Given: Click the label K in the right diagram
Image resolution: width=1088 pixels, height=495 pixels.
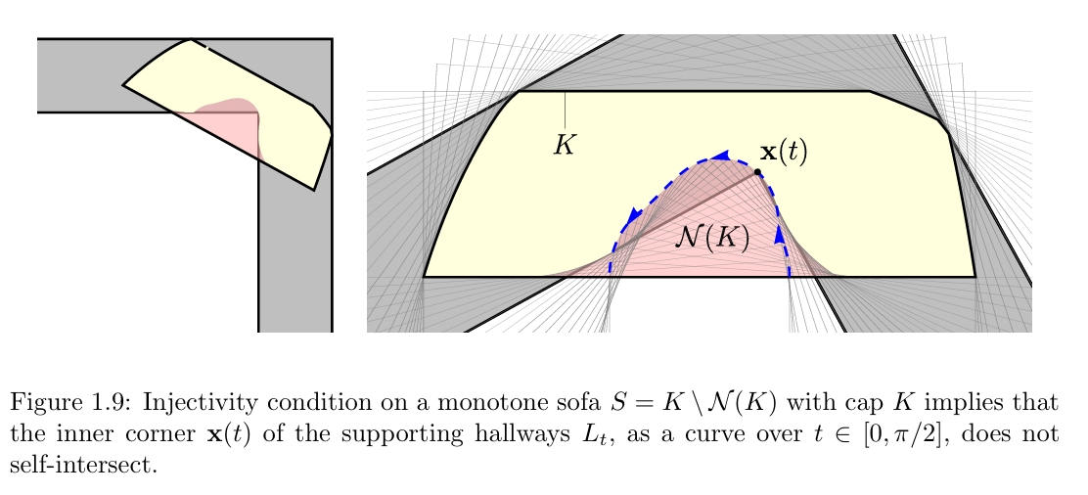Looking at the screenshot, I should coord(564,146).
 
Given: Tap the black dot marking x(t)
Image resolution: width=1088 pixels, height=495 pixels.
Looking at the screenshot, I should coord(757,172).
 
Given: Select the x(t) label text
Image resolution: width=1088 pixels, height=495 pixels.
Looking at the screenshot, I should coord(785,152).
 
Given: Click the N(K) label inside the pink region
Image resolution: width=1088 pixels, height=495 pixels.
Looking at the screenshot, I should coord(712,239).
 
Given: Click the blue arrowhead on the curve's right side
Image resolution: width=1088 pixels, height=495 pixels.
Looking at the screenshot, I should coord(781,235).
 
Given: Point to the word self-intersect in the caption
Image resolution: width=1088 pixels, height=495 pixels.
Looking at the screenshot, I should coord(82,465).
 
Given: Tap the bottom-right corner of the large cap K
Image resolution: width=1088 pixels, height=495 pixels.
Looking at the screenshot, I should coord(975,276).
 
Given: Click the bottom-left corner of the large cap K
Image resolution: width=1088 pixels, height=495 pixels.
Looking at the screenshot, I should coord(424,276).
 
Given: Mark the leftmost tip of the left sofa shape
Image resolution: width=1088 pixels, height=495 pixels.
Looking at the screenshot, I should coord(123,85).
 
